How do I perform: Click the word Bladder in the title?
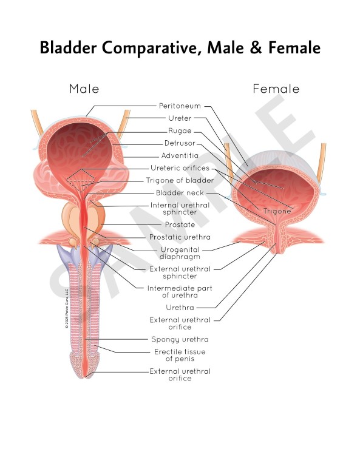click(68, 47)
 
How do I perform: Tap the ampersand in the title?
click(256, 47)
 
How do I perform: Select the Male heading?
click(84, 89)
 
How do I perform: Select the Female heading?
click(276, 89)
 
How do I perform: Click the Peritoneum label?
click(180, 106)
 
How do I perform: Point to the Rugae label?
click(180, 131)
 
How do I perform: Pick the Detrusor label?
click(180, 143)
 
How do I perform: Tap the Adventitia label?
click(180, 155)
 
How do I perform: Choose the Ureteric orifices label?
click(180, 168)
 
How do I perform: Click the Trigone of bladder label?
click(180, 180)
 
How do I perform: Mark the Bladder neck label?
click(180, 193)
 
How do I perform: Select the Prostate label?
click(180, 225)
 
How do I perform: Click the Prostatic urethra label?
click(180, 237)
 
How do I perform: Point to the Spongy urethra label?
click(180, 339)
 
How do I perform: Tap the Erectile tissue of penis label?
click(180, 355)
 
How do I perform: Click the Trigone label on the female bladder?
click(277, 211)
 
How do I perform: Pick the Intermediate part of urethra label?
click(180, 291)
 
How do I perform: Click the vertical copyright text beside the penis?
click(67, 308)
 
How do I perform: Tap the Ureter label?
click(180, 118)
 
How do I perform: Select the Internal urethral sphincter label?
click(180, 209)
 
